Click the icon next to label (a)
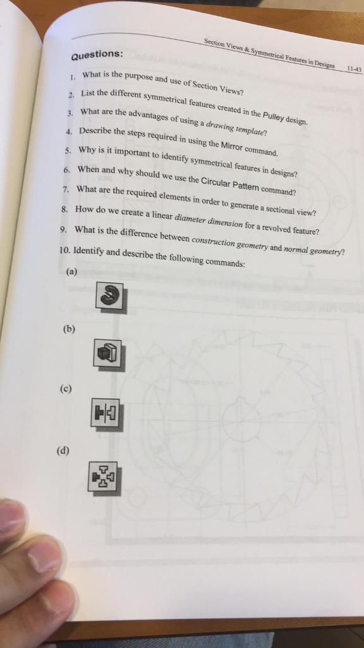point(111,296)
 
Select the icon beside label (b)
point(106,353)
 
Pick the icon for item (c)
point(106,414)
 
